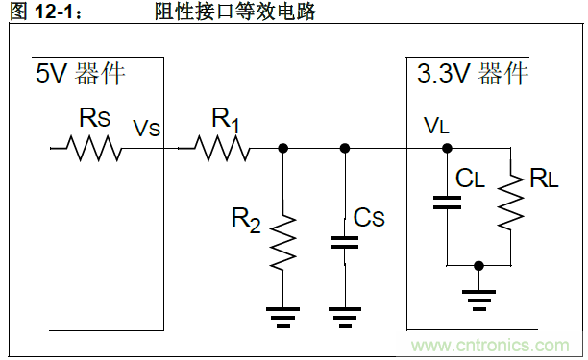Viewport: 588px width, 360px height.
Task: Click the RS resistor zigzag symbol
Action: pos(93,149)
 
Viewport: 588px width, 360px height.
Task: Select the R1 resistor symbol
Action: pos(221,149)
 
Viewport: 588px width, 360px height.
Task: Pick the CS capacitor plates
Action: pos(344,241)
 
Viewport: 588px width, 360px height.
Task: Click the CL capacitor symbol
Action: pos(447,202)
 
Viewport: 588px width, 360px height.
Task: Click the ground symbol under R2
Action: pos(282,314)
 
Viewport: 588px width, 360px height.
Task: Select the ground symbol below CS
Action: pos(344,314)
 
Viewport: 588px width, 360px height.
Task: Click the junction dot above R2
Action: pos(282,149)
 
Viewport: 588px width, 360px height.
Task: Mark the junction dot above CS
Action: pos(344,149)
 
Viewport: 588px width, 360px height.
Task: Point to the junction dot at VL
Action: pos(447,149)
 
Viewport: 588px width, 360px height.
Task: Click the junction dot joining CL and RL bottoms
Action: pos(478,264)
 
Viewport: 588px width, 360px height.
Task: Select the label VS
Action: pos(146,128)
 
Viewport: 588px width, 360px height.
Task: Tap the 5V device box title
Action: pos(81,74)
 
